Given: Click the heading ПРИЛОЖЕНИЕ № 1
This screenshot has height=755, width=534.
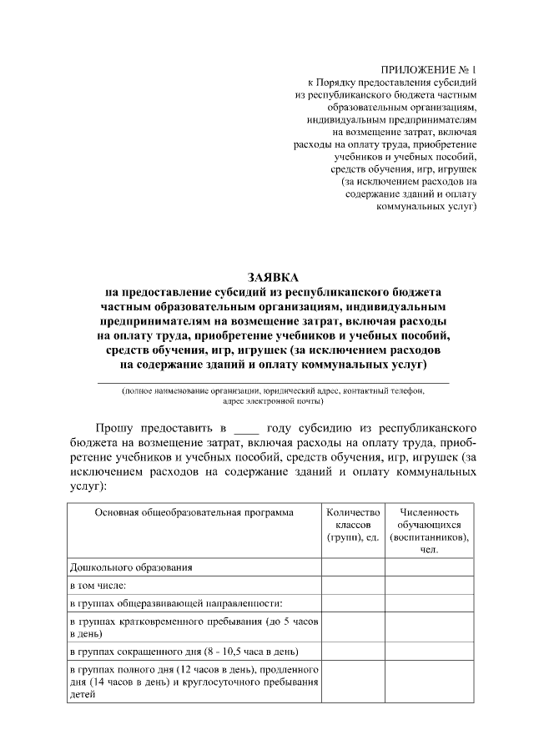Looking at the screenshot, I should [x=427, y=69].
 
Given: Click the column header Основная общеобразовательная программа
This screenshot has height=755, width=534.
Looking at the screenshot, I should [x=194, y=512].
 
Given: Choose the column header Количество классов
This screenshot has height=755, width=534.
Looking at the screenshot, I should [x=353, y=525].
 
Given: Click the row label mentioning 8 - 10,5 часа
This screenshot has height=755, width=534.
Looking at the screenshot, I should [x=184, y=652].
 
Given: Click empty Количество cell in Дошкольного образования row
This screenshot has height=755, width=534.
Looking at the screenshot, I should [x=353, y=567].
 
